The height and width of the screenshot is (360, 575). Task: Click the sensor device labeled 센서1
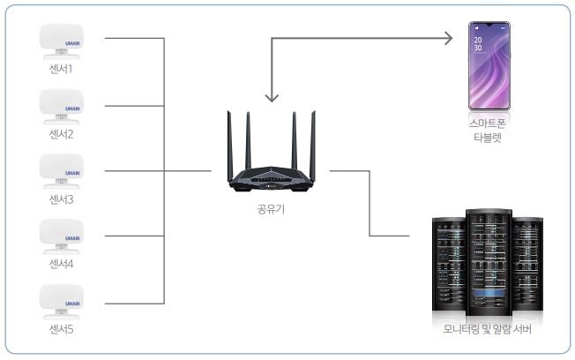pyautogui.click(x=62, y=39)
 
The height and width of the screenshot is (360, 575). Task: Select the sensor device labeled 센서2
pyautogui.click(x=62, y=105)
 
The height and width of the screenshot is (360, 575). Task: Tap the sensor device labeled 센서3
pyautogui.click(x=62, y=169)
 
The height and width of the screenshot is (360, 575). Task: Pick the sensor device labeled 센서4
pyautogui.click(x=62, y=236)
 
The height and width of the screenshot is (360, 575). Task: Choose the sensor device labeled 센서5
pyautogui.click(x=62, y=301)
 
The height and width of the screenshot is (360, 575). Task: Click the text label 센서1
pyautogui.click(x=62, y=69)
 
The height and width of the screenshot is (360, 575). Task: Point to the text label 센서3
pyautogui.click(x=62, y=199)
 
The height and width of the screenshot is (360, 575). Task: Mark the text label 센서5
pyautogui.click(x=62, y=330)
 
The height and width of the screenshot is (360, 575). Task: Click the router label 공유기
pyautogui.click(x=270, y=211)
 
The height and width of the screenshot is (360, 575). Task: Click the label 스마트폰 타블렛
pyautogui.click(x=491, y=132)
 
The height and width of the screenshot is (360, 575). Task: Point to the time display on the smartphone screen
pyautogui.click(x=478, y=44)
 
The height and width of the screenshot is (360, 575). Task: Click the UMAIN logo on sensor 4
pyautogui.click(x=72, y=237)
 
